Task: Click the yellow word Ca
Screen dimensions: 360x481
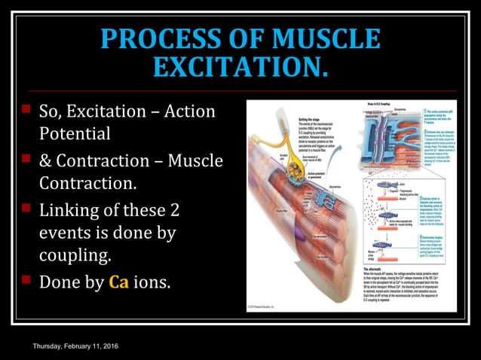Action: pyautogui.click(x=119, y=283)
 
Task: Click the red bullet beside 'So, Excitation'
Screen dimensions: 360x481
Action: pyautogui.click(x=25, y=111)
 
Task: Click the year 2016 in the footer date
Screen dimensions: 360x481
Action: pyautogui.click(x=117, y=345)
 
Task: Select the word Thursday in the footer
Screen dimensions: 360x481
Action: pyautogui.click(x=48, y=345)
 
